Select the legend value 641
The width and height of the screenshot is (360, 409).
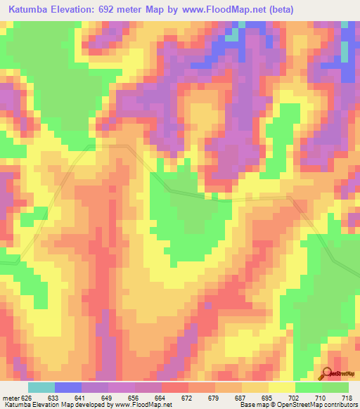pyautogui.click(x=80, y=397)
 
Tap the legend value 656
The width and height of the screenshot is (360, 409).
pyautogui.click(x=134, y=397)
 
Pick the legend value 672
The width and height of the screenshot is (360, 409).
pyautogui.click(x=187, y=397)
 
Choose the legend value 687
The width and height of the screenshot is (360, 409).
pyautogui.click(x=241, y=397)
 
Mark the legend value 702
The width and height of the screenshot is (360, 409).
pyautogui.click(x=295, y=397)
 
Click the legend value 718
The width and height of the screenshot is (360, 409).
pyautogui.click(x=349, y=397)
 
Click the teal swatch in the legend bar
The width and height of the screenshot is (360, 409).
pyautogui.click(x=41, y=387)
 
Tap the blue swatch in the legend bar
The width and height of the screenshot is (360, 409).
pyautogui.click(x=67, y=387)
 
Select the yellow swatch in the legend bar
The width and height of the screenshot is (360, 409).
pyautogui.click(x=282, y=387)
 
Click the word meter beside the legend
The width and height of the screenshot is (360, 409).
pyautogui.click(x=10, y=397)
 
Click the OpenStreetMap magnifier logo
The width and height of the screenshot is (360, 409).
pyautogui.click(x=327, y=372)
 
